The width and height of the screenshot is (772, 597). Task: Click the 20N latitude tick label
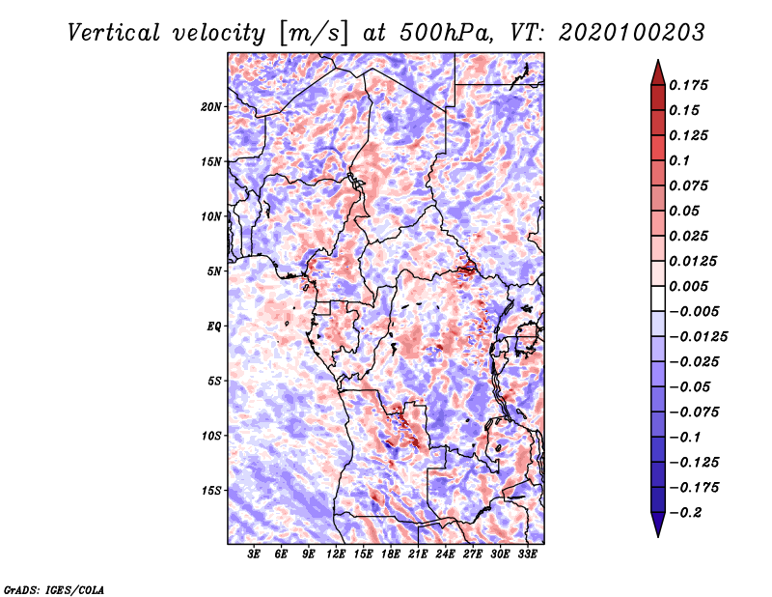(x=211, y=107)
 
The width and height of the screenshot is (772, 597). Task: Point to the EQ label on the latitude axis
(x=214, y=327)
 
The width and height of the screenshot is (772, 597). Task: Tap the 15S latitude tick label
(x=211, y=491)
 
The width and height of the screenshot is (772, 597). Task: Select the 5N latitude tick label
(x=214, y=271)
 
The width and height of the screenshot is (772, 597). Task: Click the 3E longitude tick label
(x=254, y=554)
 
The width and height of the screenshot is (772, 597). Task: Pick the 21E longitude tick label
(x=418, y=554)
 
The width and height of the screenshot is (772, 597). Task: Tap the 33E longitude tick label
(x=527, y=554)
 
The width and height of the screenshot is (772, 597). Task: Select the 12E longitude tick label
(x=336, y=554)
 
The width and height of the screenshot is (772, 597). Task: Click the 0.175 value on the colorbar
(x=688, y=85)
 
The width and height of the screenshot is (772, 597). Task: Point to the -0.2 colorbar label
(x=685, y=513)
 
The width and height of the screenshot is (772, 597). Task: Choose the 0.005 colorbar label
(x=688, y=286)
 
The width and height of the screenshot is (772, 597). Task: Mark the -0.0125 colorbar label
(x=698, y=337)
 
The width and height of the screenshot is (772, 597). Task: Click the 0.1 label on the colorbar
(x=679, y=160)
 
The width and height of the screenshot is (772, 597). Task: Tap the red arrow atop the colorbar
(x=658, y=72)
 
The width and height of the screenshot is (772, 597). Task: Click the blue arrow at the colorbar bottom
(x=658, y=525)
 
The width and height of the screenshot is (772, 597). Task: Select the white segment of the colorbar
(x=658, y=298)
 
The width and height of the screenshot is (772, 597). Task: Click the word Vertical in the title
(x=114, y=33)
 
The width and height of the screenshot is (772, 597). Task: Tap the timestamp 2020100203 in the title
(x=632, y=33)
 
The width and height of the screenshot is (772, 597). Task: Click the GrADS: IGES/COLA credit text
(x=54, y=589)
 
